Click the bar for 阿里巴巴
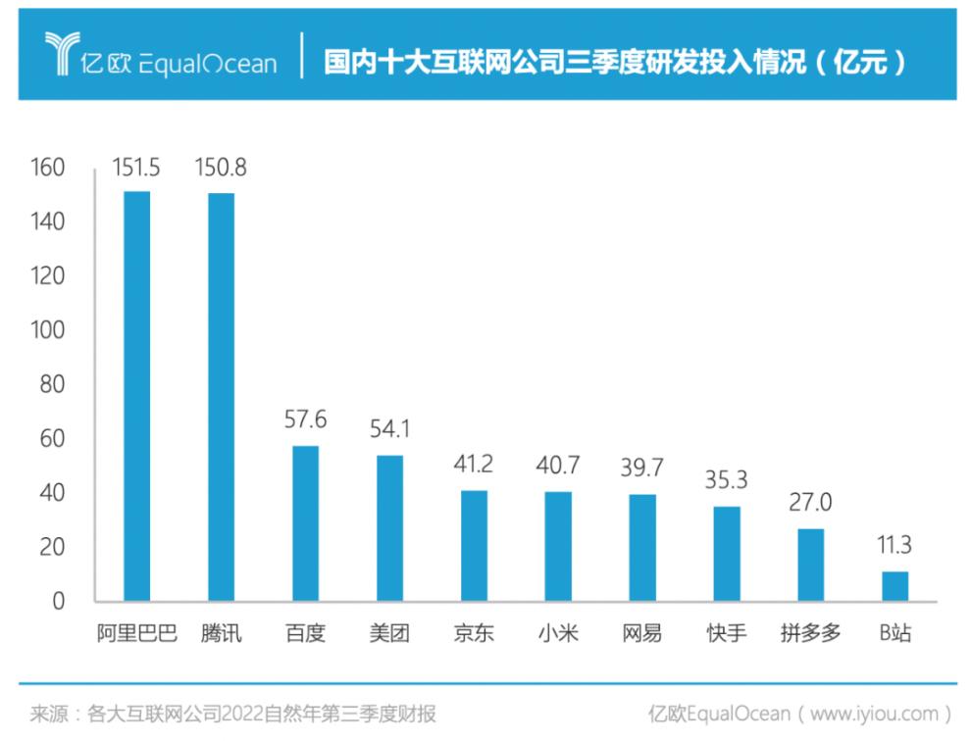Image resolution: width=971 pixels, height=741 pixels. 136,396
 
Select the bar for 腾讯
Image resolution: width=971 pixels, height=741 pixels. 221,397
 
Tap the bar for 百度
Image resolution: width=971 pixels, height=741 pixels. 305,523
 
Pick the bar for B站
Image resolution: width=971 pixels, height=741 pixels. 894,586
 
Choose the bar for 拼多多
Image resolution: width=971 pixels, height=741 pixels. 810,565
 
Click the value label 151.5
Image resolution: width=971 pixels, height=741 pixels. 136,169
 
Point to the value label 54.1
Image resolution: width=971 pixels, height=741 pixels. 389,430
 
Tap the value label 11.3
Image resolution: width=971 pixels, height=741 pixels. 894,547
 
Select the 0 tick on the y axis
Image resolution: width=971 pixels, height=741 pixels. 58,601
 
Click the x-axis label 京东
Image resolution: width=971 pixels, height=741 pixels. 474,633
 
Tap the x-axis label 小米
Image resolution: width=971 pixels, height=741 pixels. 558,633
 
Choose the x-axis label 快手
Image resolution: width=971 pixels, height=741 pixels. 727,633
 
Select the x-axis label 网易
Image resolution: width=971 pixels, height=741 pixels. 642,633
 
